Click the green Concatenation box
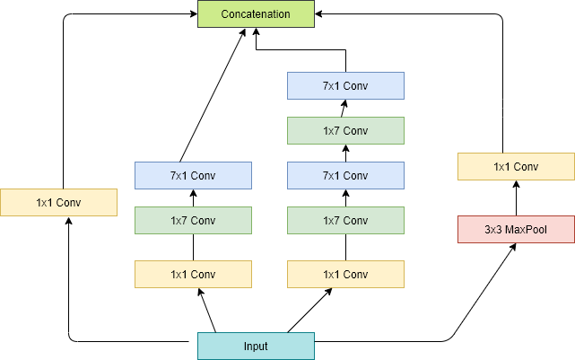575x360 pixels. point(256,14)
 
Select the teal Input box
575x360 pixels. point(256,347)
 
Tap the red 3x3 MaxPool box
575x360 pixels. point(516,230)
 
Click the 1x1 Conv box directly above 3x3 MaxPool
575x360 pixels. point(516,167)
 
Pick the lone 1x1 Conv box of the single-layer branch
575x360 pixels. point(58,203)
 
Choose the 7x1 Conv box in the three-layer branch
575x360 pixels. point(193,176)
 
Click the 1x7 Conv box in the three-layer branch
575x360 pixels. point(193,221)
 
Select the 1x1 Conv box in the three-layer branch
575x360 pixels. point(193,275)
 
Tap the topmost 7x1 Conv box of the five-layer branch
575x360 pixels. point(345,86)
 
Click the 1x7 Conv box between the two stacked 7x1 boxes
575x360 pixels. point(345,131)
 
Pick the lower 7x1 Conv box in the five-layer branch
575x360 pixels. point(345,176)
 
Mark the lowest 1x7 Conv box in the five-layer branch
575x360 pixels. point(345,221)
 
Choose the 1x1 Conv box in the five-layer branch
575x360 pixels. point(345,275)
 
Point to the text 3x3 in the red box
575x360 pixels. point(493,230)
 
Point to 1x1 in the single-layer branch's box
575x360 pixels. point(45,203)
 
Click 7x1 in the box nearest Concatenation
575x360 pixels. point(332,86)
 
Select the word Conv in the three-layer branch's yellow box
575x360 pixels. point(205,275)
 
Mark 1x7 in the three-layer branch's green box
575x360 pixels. point(179,221)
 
